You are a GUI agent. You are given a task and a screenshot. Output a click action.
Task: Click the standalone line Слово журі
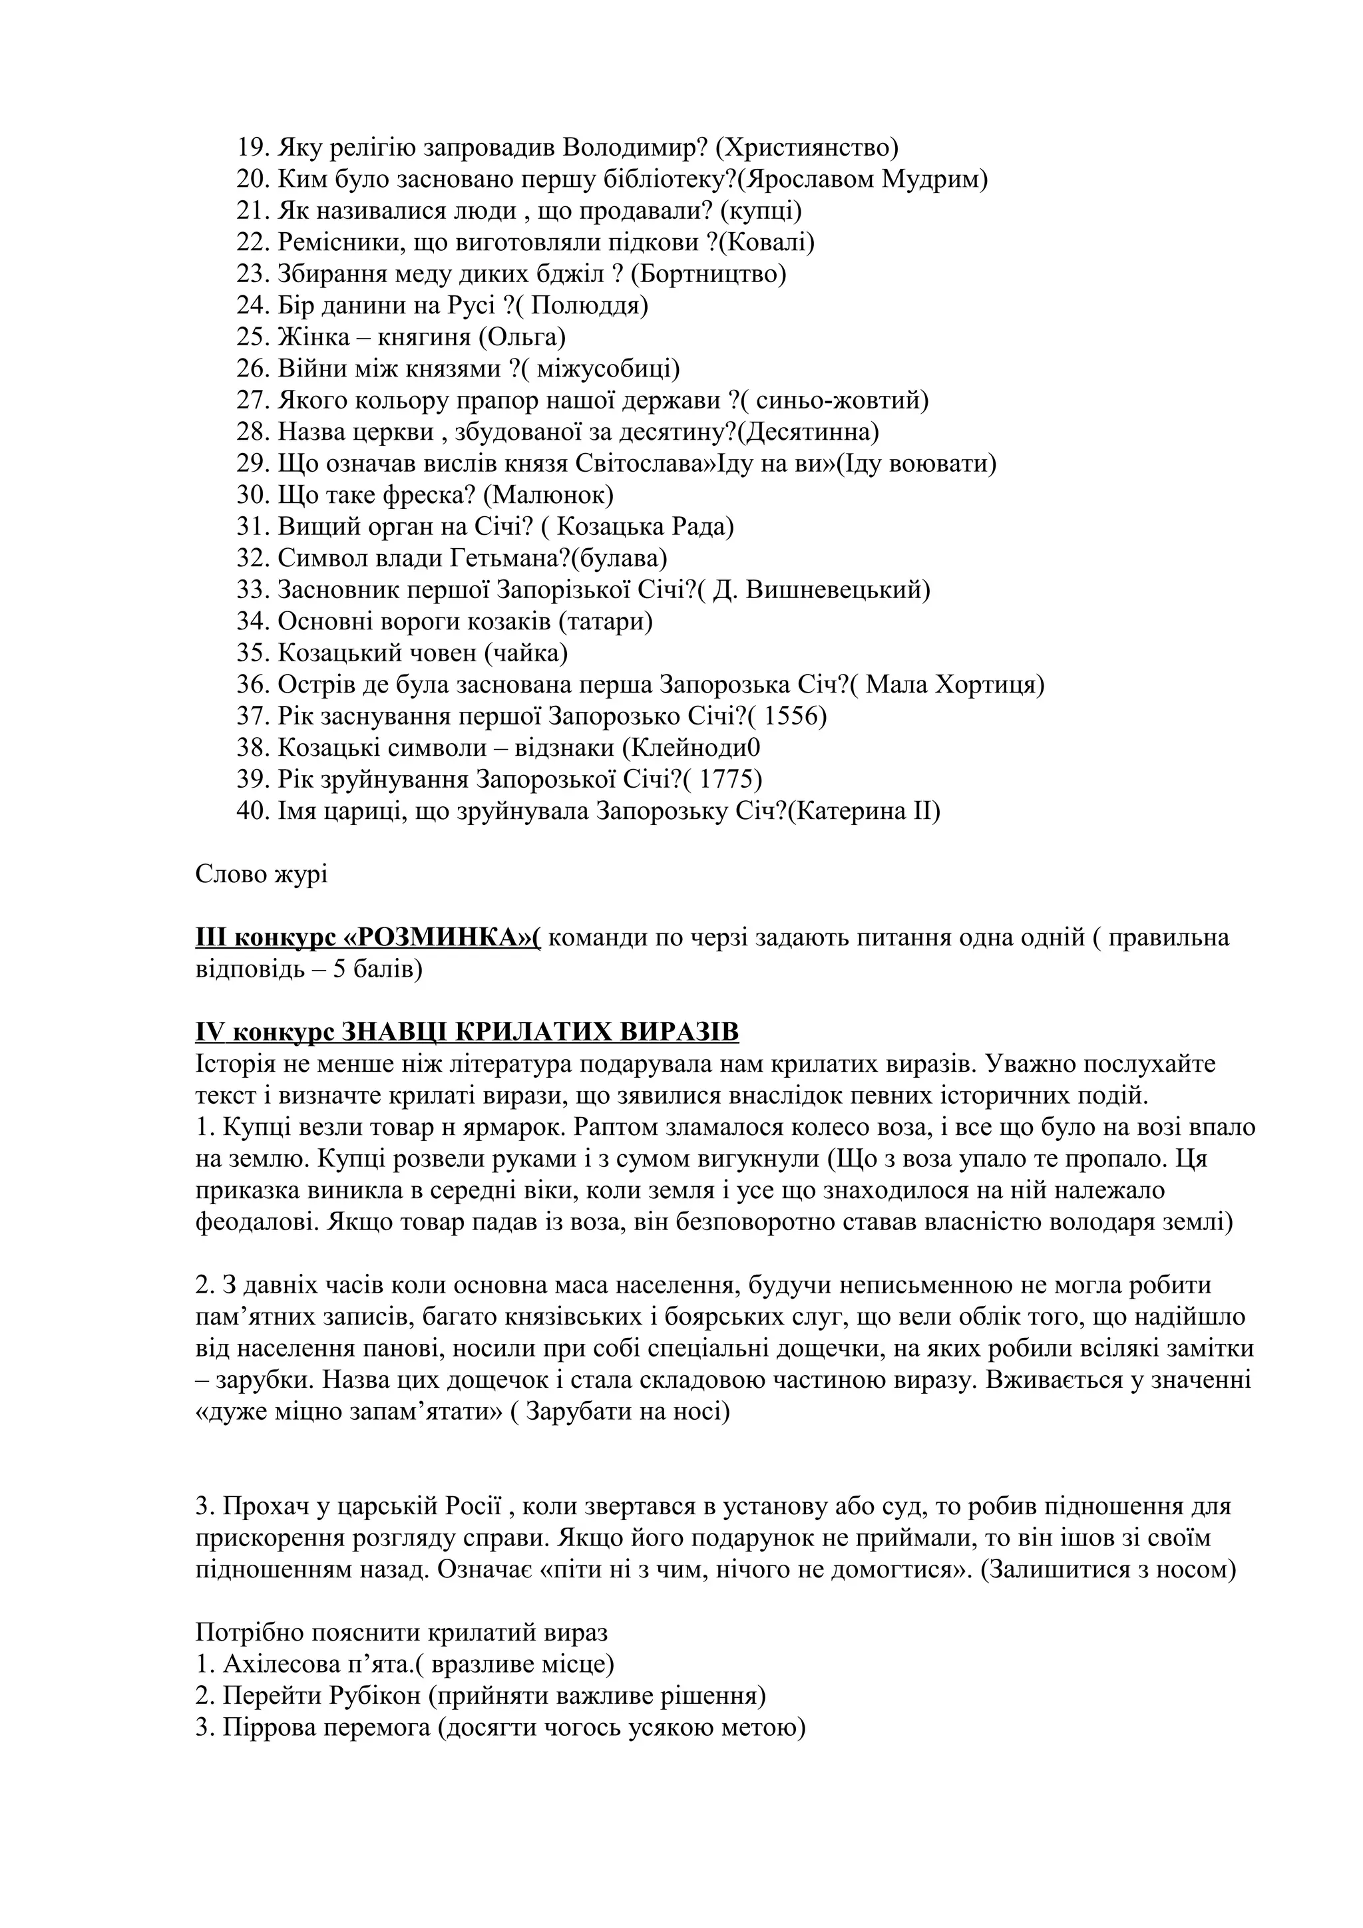point(261,874)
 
